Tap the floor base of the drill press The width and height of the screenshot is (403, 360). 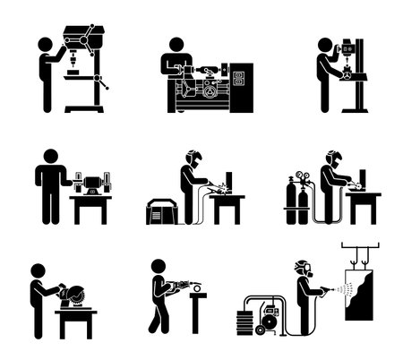84,110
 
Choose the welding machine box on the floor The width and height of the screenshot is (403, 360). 163,212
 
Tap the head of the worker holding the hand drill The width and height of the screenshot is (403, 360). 159,267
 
